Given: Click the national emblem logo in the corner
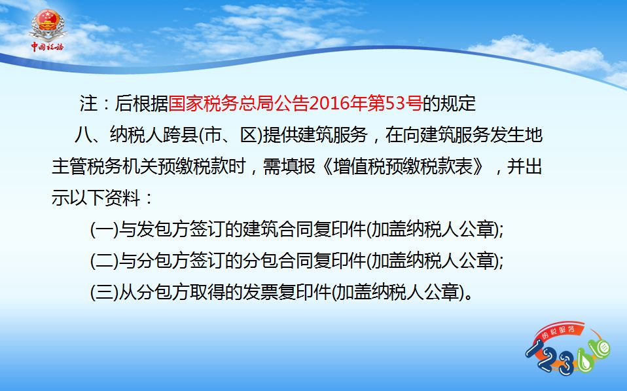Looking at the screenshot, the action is [x=48, y=25].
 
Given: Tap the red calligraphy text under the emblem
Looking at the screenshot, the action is [x=48, y=47].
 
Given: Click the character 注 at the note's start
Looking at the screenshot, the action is [x=88, y=103].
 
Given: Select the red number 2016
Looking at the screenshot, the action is [x=329, y=103].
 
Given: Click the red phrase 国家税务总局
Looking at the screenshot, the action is [x=221, y=103].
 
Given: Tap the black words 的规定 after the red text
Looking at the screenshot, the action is [x=449, y=103].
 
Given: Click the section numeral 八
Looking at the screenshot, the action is [x=83, y=134].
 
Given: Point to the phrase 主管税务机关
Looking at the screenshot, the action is [x=104, y=166].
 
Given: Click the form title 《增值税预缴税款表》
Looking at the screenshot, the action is [x=403, y=166].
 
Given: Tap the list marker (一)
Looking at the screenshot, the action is [x=104, y=230].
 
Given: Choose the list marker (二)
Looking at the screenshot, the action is [x=104, y=261].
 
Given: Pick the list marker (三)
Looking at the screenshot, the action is [x=104, y=292].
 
